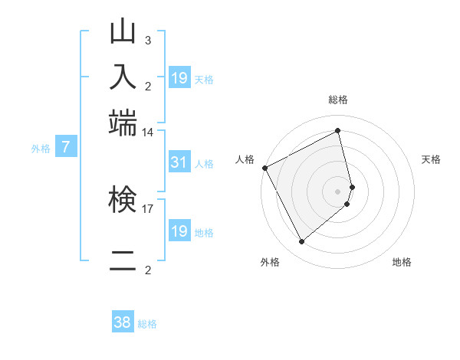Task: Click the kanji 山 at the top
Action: pos(123,32)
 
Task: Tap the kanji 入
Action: pos(123,77)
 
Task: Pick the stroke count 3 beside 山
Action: pos(147,40)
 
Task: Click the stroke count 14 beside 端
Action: pos(148,133)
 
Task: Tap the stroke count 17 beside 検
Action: pos(148,208)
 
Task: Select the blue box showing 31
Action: pos(179,162)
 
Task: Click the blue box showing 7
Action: pos(66,147)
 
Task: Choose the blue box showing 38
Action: pos(122,322)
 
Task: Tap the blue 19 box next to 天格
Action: pos(179,77)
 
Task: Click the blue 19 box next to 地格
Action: pos(179,231)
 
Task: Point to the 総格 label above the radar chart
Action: pos(338,100)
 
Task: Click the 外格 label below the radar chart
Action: pos(270,262)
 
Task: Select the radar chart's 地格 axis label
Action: pos(402,262)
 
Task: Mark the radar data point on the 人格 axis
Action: pos(264,168)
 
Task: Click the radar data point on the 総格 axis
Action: pos(338,131)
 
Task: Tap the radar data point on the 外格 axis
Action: pos(301,242)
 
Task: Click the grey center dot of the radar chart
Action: pos(338,191)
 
